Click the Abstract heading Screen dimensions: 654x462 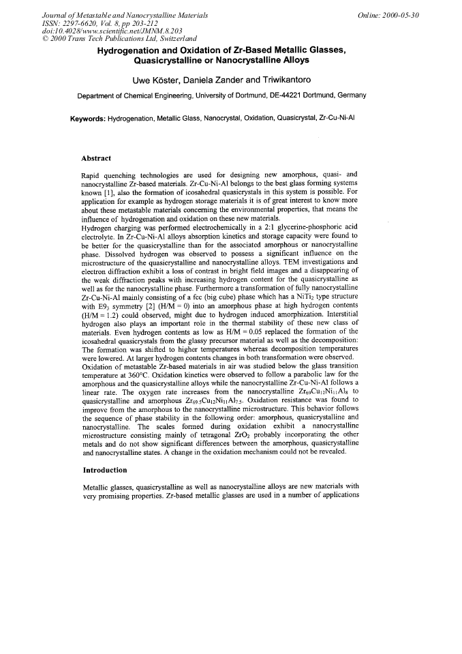[96, 158]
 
